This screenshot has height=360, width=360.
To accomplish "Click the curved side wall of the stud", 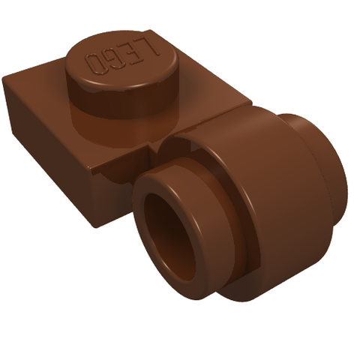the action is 122,99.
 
